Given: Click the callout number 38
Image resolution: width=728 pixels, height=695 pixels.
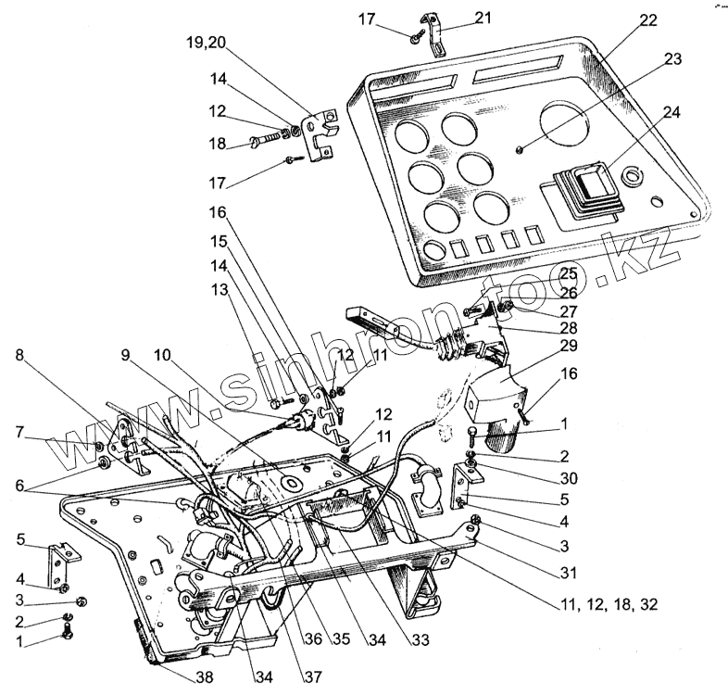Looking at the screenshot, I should (203, 677).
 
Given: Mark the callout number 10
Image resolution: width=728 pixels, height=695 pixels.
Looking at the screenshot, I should (163, 356).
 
